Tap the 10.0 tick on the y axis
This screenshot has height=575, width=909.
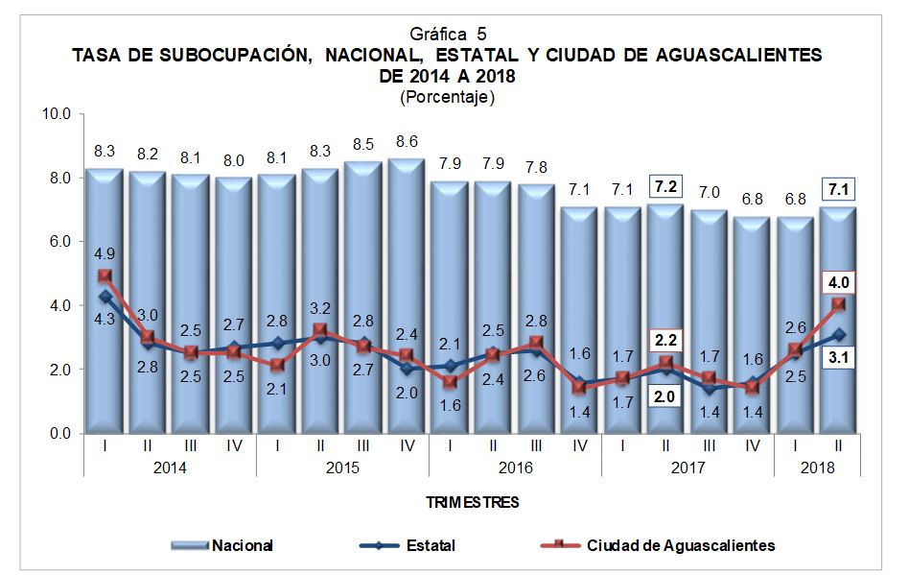[x=57, y=114]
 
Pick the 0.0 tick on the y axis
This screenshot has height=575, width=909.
[x=59, y=434]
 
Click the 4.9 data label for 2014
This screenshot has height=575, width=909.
[x=105, y=253]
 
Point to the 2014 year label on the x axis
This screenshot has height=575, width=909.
[x=170, y=468]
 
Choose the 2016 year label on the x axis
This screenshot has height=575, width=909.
[x=515, y=468]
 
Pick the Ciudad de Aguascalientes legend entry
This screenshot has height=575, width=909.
[x=681, y=545]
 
